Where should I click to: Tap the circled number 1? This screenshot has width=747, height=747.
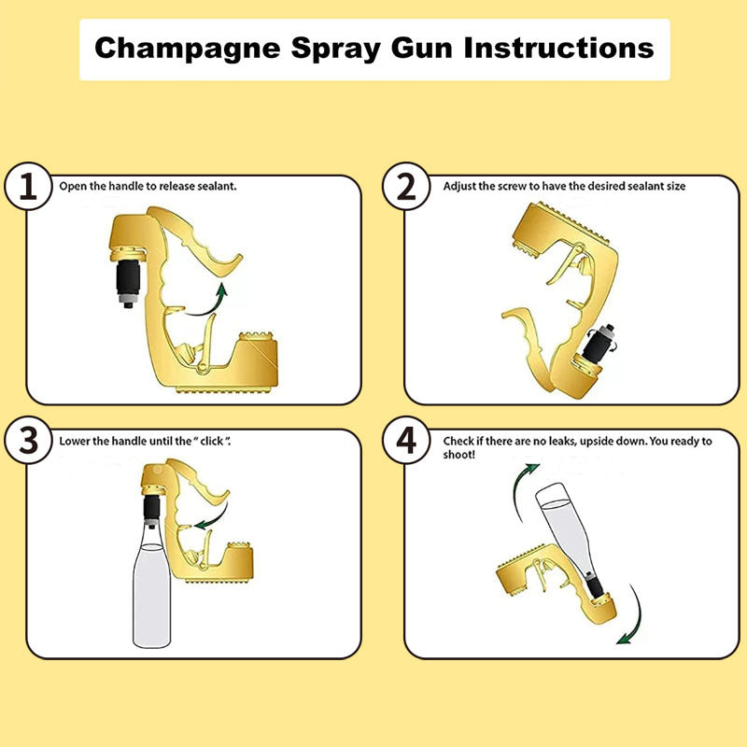(30, 187)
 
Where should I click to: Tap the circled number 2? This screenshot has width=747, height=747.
(406, 187)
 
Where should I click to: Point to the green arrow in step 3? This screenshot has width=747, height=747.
(210, 516)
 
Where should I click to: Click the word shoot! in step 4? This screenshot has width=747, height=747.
(459, 454)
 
